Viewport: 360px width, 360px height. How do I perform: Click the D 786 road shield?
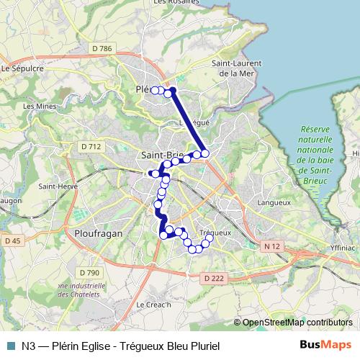(x=102, y=48)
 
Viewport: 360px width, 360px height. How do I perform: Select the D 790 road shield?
(x=89, y=272)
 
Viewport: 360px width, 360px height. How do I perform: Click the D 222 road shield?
(x=214, y=277)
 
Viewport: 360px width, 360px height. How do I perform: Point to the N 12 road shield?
(x=271, y=246)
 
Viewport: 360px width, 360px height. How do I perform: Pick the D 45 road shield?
(x=12, y=240)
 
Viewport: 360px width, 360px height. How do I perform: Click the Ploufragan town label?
(x=99, y=234)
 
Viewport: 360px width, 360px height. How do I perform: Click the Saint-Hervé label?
(x=57, y=186)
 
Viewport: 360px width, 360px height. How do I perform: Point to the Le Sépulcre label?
(x=23, y=68)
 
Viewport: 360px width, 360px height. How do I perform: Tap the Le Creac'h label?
(x=154, y=305)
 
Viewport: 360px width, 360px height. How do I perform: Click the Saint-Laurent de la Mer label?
(x=235, y=68)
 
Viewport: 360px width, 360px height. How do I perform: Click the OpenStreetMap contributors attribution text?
(x=297, y=323)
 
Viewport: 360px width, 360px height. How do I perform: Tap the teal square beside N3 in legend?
(x=9, y=344)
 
